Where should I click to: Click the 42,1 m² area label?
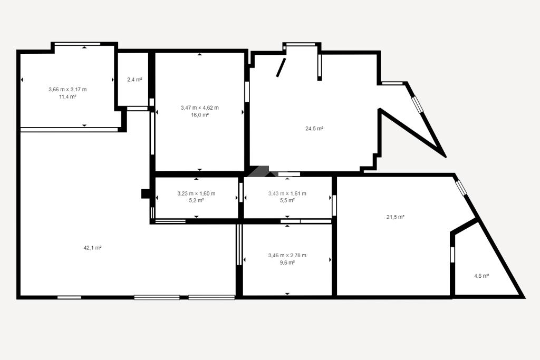click(93, 248)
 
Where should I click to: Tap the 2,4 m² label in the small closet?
click(134, 80)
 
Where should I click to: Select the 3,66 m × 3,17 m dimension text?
click(67, 90)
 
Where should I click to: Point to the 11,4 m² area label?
click(67, 96)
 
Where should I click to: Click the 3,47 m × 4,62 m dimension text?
click(200, 108)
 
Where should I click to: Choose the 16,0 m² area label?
click(200, 115)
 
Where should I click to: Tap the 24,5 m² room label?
click(314, 129)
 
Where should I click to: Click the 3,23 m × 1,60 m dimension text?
click(196, 193)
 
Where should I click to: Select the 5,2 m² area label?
click(196, 200)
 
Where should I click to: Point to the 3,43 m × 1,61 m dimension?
click(287, 193)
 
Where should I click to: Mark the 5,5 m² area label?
click(287, 200)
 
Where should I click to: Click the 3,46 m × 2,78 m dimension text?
click(287, 255)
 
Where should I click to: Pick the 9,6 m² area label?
click(287, 262)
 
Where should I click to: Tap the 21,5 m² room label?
click(396, 217)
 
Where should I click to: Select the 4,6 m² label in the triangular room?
click(482, 276)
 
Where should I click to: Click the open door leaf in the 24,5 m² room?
click(281, 67)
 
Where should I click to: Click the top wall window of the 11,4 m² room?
click(78, 44)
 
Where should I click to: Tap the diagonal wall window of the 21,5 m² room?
click(460, 187)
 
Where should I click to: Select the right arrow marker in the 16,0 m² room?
click(243, 112)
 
